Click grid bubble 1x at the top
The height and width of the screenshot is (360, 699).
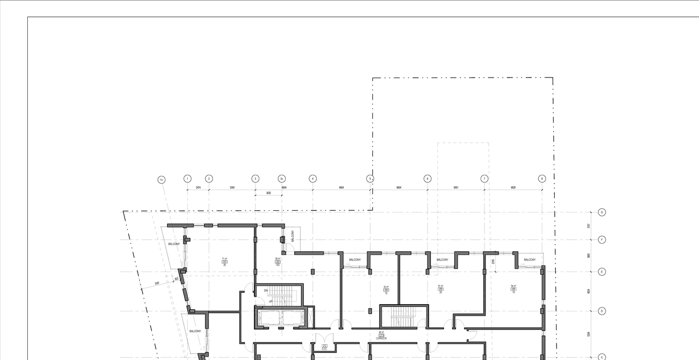tap(161, 180)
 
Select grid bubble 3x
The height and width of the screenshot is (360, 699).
tap(282, 179)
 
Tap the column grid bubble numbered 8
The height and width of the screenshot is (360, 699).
tap(542, 179)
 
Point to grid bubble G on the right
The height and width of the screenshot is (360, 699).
tap(602, 213)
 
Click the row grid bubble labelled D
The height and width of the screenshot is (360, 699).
tap(602, 311)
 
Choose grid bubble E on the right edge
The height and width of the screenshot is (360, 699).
tap(602, 272)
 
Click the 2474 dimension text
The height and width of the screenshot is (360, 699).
tap(198, 187)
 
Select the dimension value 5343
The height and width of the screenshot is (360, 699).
tap(232, 187)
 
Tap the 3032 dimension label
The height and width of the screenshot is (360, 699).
tap(269, 193)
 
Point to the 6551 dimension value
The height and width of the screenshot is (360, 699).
tap(456, 187)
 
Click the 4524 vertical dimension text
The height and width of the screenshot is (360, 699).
tap(589, 291)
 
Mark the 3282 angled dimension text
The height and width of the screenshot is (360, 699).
tap(157, 284)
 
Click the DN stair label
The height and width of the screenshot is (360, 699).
tap(266, 291)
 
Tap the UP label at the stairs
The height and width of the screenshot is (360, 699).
tap(270, 301)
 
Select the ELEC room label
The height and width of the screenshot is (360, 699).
tap(324, 349)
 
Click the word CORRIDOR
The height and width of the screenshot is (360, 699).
tap(381, 339)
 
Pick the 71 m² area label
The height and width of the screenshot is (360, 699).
tap(224, 259)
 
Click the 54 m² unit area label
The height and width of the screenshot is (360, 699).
tap(513, 286)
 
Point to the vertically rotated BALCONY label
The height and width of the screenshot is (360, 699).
tap(293, 236)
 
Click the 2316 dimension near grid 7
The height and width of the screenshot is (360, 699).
tap(493, 262)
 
